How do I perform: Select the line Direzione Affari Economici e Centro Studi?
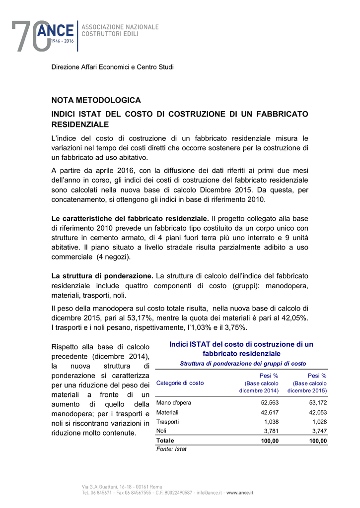point(113,67)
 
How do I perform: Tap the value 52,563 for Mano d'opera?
point(270,403)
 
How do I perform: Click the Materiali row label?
point(167,412)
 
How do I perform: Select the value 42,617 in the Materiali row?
point(270,412)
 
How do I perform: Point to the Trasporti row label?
point(167,422)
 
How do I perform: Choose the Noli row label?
point(161,431)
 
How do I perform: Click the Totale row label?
point(165,441)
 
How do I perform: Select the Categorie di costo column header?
point(180,383)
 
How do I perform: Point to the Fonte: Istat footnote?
point(171,449)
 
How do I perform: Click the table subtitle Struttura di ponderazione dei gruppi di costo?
point(243,364)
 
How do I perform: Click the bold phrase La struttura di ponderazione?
point(103,276)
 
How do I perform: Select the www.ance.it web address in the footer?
point(240,493)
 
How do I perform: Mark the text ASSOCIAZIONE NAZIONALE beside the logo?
point(120,27)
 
